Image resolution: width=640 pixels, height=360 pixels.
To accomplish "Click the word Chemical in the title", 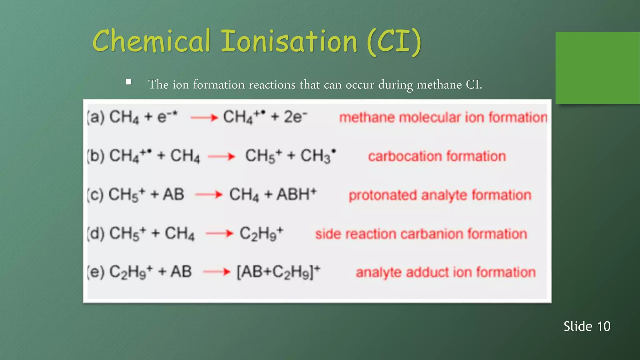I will coord(151,41).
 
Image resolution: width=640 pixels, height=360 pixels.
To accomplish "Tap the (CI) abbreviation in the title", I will coord(394,42).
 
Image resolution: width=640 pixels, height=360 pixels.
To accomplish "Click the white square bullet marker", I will coord(128,82).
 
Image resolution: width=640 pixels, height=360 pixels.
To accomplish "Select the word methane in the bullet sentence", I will coord(439,85).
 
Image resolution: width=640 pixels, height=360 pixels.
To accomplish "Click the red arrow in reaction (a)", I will coord(204,118).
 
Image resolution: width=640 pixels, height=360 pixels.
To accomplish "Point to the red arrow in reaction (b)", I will coord(221,156).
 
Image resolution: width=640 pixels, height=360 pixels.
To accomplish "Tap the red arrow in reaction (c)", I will coord(208,195).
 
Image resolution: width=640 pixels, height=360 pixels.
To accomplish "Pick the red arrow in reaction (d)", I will coord(219,233).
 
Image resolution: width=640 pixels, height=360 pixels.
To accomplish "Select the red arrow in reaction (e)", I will coord(217,272).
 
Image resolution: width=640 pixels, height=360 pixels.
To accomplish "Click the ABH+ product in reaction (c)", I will coord(297,194).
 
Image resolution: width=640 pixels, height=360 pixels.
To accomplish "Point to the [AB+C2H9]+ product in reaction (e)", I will coord(278,272).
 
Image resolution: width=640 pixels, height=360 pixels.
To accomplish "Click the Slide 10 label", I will coord(587,326).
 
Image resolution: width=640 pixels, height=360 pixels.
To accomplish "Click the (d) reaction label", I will coord(96,234).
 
